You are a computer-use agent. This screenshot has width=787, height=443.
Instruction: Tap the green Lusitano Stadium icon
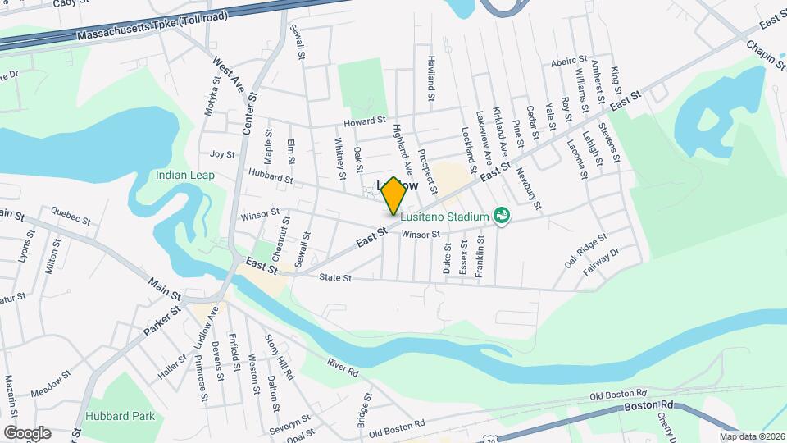pos(503,216)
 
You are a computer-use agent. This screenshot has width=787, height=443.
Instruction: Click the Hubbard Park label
pos(121,416)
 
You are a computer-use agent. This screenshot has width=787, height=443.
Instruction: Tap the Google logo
pos(27,432)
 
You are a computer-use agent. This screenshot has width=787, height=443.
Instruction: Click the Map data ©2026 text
pos(750,436)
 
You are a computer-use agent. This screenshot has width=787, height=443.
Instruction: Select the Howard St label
pos(364,121)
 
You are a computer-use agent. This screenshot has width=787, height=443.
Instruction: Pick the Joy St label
pos(222,154)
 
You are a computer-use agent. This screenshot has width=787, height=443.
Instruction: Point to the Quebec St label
pos(70,218)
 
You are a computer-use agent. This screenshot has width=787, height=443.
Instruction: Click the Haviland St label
pos(430,79)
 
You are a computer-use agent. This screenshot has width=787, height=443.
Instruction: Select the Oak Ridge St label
pos(585,250)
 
